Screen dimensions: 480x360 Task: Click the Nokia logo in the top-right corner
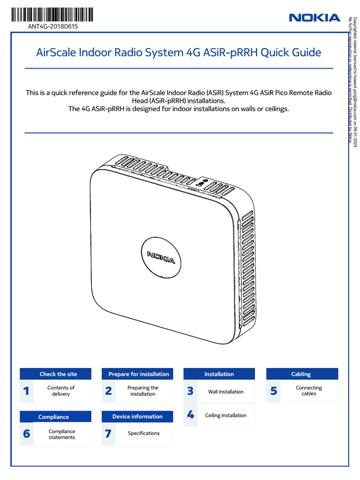point(315,18)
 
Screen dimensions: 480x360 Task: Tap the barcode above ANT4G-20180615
point(52,15)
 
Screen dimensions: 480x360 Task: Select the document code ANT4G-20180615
point(53,27)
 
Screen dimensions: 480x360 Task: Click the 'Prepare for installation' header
point(139,374)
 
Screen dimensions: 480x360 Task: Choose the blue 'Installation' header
point(219,374)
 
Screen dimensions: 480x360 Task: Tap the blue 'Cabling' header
point(301,374)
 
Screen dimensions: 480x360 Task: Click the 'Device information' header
point(137,417)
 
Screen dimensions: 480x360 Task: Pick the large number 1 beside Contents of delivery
point(27,391)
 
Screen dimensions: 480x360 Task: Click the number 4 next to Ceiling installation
point(190,415)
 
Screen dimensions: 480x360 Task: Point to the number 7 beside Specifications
point(108,434)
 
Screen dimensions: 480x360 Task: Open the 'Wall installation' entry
point(226,392)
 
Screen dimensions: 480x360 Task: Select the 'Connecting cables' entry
point(309,391)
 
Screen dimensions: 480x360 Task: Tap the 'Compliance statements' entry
point(61,434)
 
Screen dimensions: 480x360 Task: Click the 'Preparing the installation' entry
point(143,391)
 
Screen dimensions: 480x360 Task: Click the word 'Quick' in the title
point(274,52)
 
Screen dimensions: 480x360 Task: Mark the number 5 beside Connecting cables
point(274,391)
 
